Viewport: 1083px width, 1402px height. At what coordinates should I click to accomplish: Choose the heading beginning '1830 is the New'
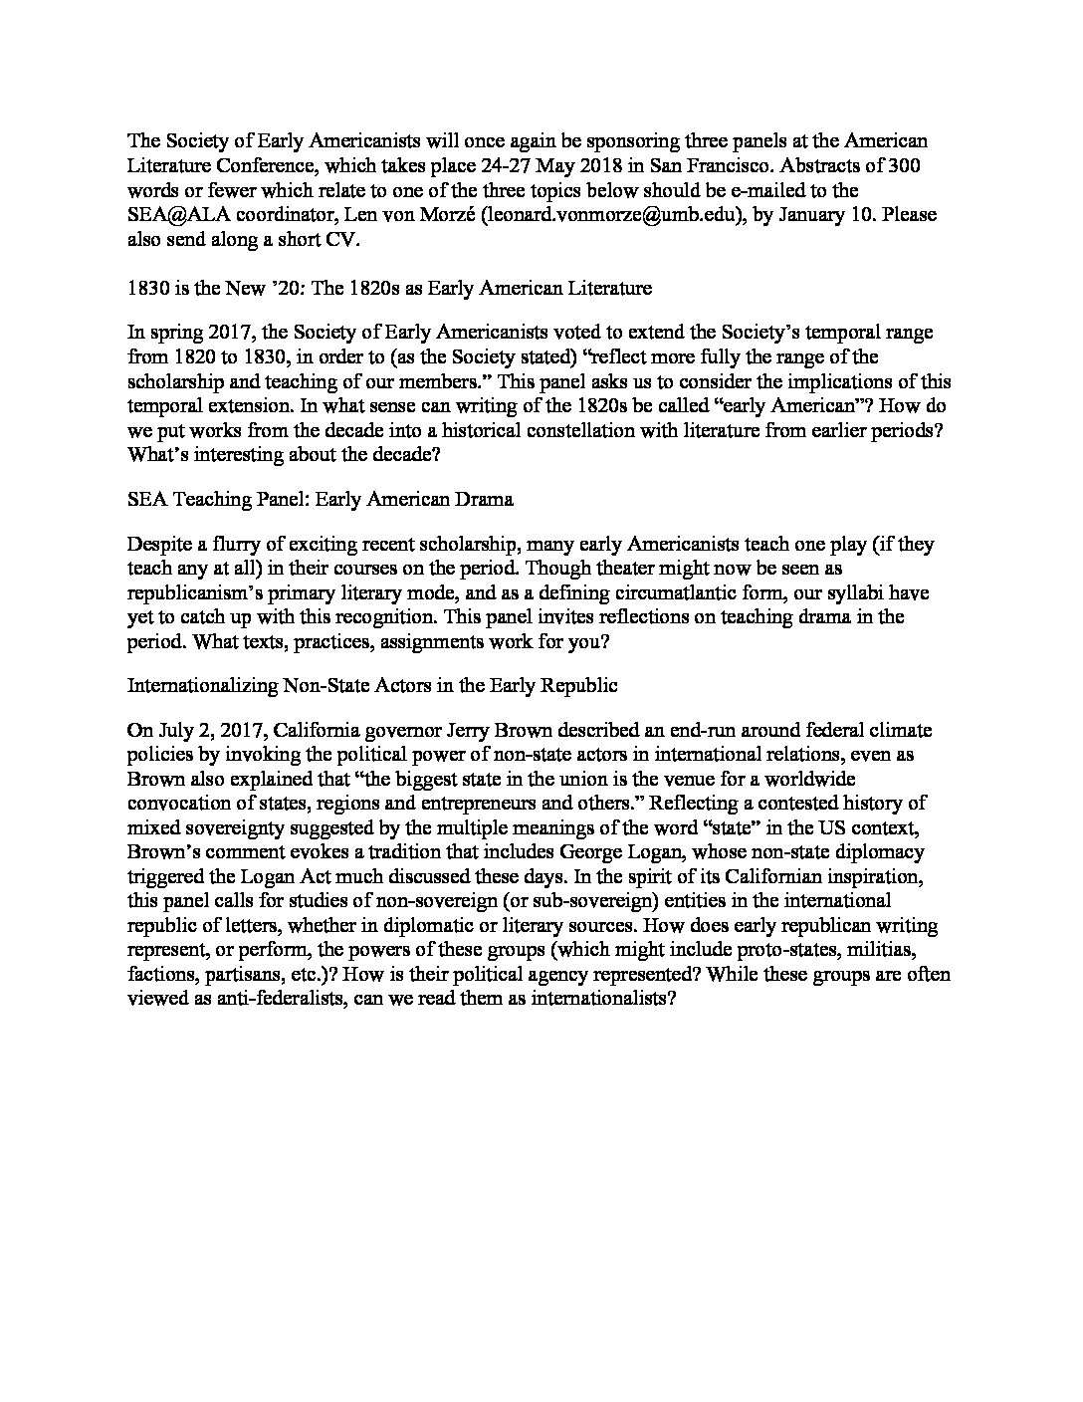pos(390,289)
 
